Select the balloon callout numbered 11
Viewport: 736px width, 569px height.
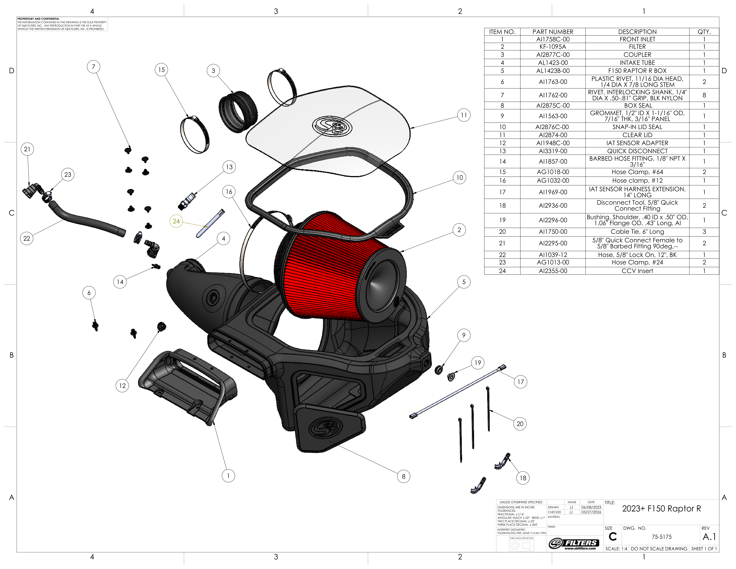point(464,115)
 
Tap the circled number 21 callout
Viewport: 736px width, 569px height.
point(27,149)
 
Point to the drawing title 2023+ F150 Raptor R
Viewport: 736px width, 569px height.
point(661,509)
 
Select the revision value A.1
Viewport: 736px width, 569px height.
point(709,537)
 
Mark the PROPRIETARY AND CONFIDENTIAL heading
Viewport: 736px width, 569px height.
point(38,19)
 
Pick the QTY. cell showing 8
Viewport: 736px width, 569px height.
point(704,95)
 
